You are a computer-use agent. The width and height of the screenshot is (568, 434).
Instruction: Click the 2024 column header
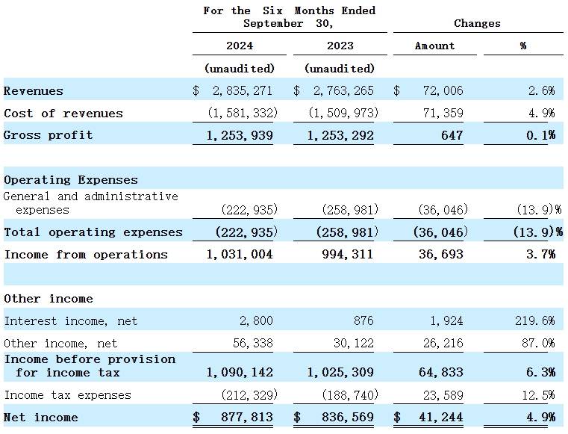pyautogui.click(x=240, y=46)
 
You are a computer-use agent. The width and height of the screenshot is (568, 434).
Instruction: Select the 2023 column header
pyautogui.click(x=340, y=46)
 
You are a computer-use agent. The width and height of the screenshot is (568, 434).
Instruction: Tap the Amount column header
pyautogui.click(x=434, y=46)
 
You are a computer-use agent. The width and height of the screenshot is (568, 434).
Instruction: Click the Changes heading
pyautogui.click(x=477, y=24)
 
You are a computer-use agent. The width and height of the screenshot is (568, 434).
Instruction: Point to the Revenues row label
pyautogui.click(x=34, y=90)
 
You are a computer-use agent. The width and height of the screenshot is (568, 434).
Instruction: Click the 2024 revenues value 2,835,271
pyautogui.click(x=243, y=90)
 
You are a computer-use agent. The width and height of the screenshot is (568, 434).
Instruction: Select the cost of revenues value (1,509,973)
pyautogui.click(x=343, y=113)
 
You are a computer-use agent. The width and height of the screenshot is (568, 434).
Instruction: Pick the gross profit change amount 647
pyautogui.click(x=452, y=135)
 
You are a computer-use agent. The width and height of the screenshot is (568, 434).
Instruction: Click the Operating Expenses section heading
pyautogui.click(x=71, y=180)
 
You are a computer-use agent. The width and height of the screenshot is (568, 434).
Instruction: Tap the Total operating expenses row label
pyautogui.click(x=93, y=232)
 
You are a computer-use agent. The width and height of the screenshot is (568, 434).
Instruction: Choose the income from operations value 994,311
pyautogui.click(x=347, y=254)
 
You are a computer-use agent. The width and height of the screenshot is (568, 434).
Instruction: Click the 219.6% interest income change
pyautogui.click(x=534, y=321)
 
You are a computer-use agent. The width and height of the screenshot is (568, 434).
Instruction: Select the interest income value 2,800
pyautogui.click(x=256, y=321)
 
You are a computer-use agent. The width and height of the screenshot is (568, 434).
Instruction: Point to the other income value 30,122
pyautogui.click(x=354, y=343)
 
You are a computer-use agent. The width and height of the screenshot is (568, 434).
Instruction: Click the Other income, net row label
pyautogui.click(x=60, y=343)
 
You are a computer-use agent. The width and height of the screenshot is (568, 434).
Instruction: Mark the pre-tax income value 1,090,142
pyautogui.click(x=240, y=372)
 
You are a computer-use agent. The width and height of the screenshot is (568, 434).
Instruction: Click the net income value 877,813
pyautogui.click(x=247, y=417)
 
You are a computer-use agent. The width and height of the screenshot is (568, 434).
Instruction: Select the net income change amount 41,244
pyautogui.click(x=441, y=417)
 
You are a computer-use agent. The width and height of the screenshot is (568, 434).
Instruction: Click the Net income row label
pyautogui.click(x=40, y=417)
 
